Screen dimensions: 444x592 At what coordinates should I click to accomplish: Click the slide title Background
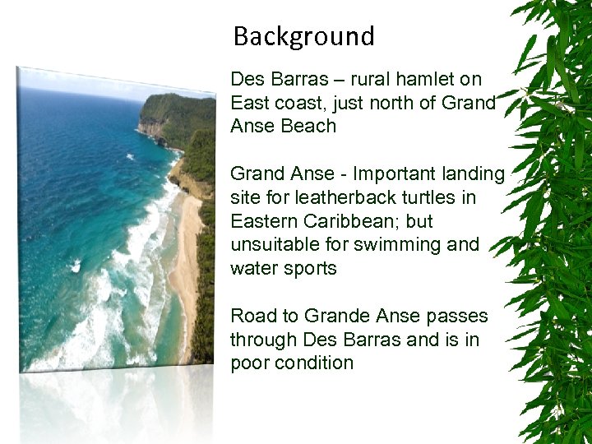coord(303,37)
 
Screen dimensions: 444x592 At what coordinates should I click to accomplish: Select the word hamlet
coord(428,80)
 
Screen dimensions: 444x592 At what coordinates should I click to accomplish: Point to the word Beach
coord(309,127)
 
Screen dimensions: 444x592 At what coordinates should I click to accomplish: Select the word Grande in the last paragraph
coord(336,316)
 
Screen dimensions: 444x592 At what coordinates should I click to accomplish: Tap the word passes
coord(456,316)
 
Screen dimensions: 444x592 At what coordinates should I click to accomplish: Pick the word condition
coord(315,363)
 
